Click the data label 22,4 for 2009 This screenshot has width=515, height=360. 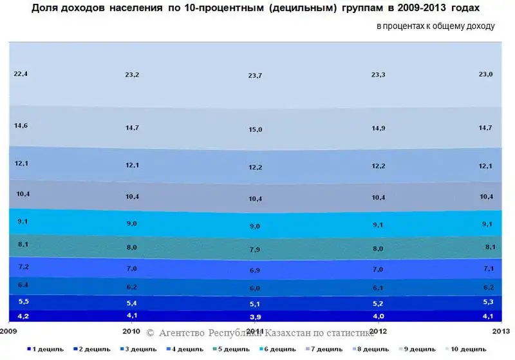click(21, 74)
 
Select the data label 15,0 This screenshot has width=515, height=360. click(256, 129)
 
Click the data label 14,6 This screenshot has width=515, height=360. click(21, 126)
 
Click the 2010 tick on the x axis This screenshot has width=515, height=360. click(131, 332)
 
